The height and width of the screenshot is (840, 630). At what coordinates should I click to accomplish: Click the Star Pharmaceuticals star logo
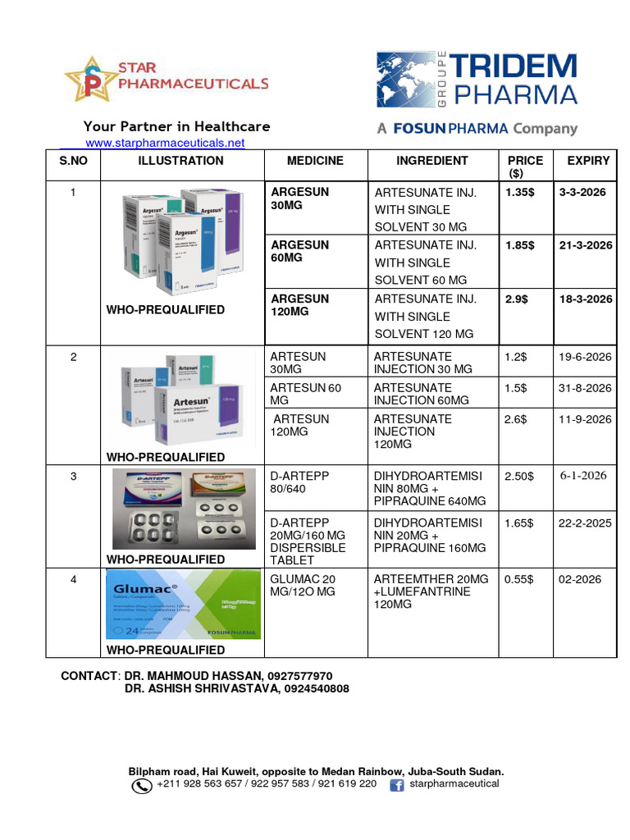tap(92, 80)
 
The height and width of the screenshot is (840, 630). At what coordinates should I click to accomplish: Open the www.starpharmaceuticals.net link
tap(165, 143)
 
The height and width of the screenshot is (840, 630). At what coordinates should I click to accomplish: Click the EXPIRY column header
tap(588, 161)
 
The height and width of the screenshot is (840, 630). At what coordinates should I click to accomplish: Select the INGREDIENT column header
tap(431, 161)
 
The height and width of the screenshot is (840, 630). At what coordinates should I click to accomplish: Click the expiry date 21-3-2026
tap(586, 245)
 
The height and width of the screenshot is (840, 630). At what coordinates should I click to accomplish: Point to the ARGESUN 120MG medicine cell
tap(300, 305)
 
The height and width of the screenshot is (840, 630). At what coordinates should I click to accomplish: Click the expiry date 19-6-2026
tap(586, 357)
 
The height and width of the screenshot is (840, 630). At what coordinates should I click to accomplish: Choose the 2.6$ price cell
tap(516, 419)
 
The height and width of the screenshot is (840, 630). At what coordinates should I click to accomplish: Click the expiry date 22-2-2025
tap(586, 523)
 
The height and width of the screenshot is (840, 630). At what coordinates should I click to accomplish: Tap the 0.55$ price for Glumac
tap(518, 579)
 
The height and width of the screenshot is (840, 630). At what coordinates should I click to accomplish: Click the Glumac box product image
tap(182, 605)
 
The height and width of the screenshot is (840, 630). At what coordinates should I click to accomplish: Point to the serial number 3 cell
tap(73, 476)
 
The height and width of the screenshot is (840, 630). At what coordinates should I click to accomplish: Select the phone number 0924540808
tap(317, 689)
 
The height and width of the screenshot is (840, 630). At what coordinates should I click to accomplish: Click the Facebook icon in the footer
tap(397, 785)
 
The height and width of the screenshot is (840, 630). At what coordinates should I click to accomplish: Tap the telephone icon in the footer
tap(142, 786)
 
